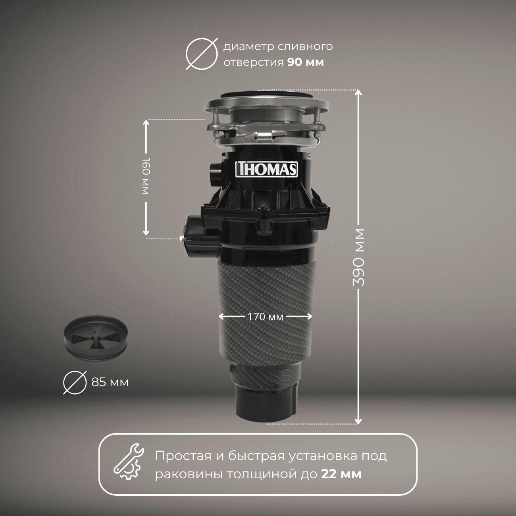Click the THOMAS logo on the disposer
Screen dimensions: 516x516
coord(266,169)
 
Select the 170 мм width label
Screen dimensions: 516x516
coord(265,317)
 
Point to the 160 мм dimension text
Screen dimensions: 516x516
coord(145,175)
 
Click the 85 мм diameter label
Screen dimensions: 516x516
coord(110,383)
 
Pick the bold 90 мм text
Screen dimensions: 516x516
coord(306,62)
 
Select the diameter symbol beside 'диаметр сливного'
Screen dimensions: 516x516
coord(202,54)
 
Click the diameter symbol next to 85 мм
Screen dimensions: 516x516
coord(75,383)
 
